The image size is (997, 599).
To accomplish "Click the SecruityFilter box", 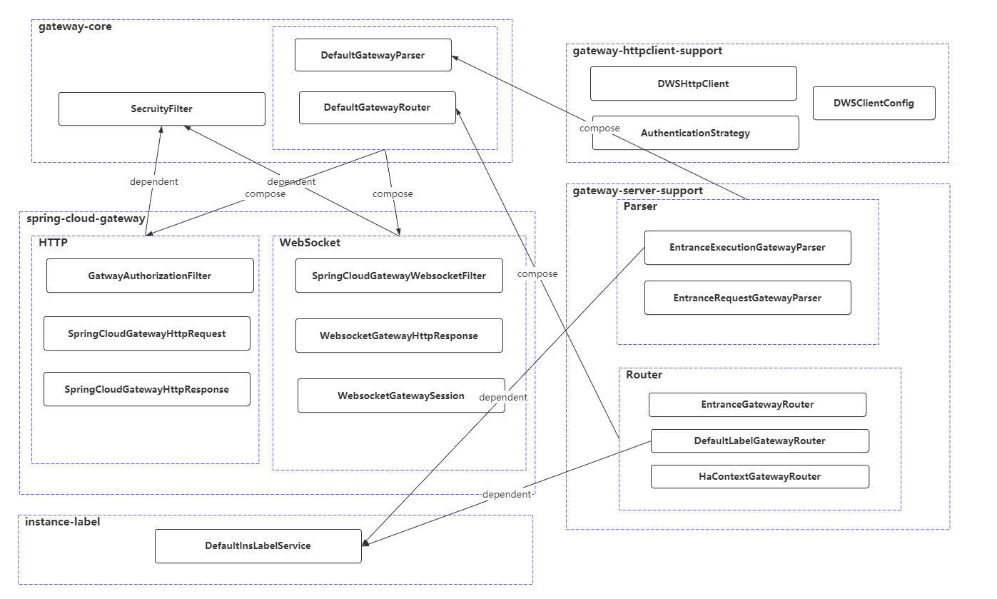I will click(x=161, y=109).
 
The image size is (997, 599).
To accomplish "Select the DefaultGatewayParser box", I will click(x=373, y=55).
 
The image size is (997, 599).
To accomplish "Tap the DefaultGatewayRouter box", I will click(x=377, y=108).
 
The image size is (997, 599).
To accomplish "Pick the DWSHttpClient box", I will click(x=693, y=84).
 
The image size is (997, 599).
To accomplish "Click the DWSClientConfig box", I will click(x=874, y=103).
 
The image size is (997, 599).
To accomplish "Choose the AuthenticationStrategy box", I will click(x=695, y=133).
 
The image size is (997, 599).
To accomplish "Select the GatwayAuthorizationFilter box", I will click(x=150, y=276).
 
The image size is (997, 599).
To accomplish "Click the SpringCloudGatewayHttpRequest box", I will click(x=147, y=333).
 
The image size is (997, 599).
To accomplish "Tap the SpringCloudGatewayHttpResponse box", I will click(x=147, y=389).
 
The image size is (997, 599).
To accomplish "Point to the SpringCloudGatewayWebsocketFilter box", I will click(x=399, y=276).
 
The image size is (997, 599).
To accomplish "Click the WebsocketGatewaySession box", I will click(x=401, y=396).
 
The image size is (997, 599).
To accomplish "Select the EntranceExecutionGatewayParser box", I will click(x=747, y=248).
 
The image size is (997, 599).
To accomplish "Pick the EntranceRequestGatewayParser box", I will click(x=747, y=298).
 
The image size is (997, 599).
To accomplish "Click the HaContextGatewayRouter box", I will click(x=759, y=476).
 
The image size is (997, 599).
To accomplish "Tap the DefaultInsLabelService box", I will click(x=258, y=545).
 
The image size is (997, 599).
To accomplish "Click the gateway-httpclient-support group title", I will click(x=647, y=51).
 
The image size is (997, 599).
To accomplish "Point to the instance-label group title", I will click(x=63, y=522).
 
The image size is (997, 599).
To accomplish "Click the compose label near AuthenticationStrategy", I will click(x=599, y=129).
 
